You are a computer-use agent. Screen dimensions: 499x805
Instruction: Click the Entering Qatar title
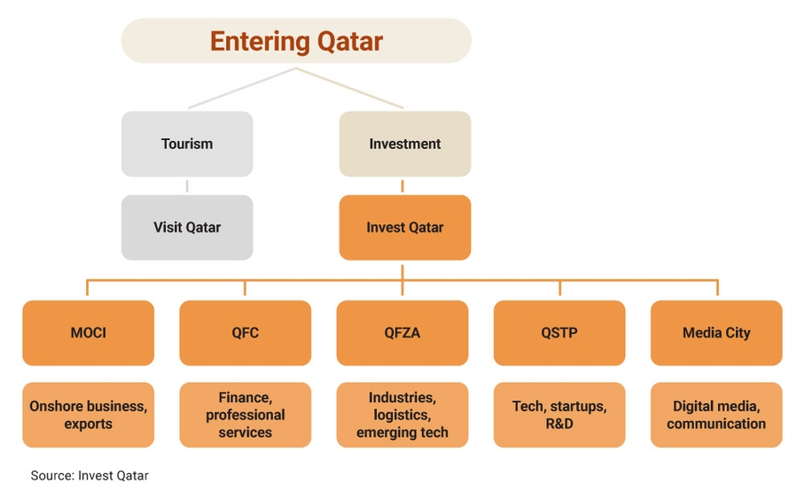coord(296,41)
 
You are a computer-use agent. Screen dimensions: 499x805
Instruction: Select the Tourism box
coord(187,144)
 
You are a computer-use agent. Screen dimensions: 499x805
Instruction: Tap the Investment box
coord(405,144)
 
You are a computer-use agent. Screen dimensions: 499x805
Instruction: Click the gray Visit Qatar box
coord(187,227)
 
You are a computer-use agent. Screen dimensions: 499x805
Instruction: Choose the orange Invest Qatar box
coord(405,227)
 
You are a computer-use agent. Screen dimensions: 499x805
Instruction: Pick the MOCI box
coord(88,333)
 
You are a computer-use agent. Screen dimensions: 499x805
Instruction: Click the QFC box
coord(245,333)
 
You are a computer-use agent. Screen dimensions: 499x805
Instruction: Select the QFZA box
coord(402,333)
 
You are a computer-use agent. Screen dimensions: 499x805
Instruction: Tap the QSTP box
coord(559,333)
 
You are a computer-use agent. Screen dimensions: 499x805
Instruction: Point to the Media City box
coord(716,333)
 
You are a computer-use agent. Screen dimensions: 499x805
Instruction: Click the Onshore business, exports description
coord(88,415)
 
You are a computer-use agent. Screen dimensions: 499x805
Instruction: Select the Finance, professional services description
coord(245,415)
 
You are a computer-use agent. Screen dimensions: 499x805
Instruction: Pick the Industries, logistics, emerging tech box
coord(402,415)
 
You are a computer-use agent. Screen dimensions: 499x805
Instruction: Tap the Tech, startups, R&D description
coord(559,415)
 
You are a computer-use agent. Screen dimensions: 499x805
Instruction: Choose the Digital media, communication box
coord(716,415)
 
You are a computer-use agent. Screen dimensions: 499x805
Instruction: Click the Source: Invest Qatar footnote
coord(90,476)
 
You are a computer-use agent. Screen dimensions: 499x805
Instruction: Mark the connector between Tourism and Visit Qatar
coord(187,186)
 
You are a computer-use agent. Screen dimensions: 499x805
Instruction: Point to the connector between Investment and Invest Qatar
coord(402,186)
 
